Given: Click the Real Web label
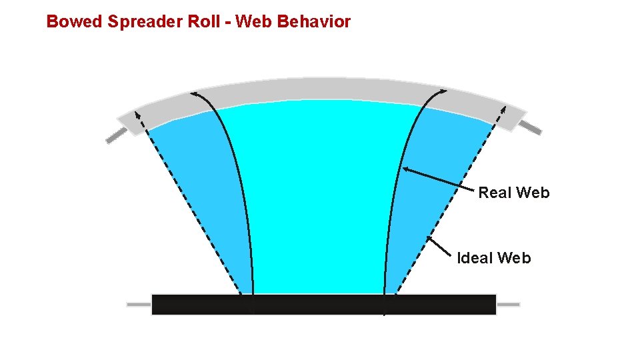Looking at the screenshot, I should (x=514, y=193).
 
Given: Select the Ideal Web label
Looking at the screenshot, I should (x=494, y=258).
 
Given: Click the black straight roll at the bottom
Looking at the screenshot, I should (x=324, y=304).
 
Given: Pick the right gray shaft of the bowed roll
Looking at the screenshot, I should (x=530, y=127).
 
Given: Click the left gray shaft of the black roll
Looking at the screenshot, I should (x=139, y=304).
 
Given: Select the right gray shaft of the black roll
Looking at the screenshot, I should (x=508, y=304).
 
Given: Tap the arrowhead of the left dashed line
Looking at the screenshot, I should (x=137, y=114).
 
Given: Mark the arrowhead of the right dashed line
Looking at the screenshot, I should (x=503, y=109).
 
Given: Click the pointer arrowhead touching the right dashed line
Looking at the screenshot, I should (x=429, y=239).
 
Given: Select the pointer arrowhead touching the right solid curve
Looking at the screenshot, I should (x=407, y=169).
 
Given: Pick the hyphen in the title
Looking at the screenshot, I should (x=227, y=22).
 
